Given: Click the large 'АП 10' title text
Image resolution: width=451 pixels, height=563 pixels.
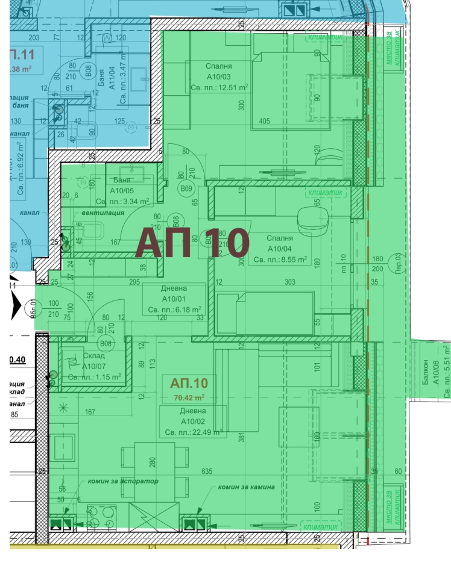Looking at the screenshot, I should tap(192, 243).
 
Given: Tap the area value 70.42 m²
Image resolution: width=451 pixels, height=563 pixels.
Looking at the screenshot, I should tap(189, 397).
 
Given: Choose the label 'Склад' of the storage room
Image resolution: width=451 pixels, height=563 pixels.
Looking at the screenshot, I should tap(78, 356).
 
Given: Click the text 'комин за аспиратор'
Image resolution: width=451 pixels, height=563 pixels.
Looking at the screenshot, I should tap(122, 481).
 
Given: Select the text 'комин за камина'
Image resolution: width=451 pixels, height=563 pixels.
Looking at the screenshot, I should tap(247, 487).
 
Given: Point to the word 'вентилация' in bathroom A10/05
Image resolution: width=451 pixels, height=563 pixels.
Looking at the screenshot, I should tap(98, 213).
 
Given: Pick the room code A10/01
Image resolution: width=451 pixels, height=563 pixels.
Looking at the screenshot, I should tap(175, 299).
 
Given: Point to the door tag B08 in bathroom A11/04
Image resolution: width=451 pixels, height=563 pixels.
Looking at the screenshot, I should tap(89, 73).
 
